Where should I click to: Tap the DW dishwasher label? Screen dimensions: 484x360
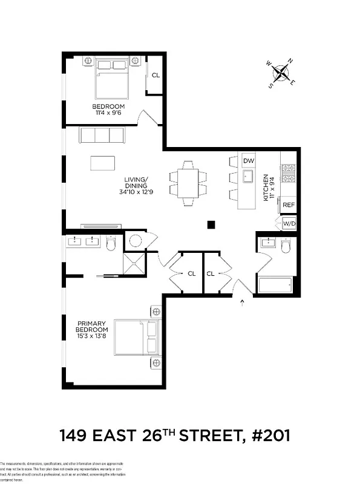pyautogui.click(x=247, y=161)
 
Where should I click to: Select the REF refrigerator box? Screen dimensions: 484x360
pyautogui.click(x=289, y=205)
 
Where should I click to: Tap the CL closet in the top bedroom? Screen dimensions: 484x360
pyautogui.click(x=155, y=76)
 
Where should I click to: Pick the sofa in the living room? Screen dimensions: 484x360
pyautogui.click(x=101, y=134)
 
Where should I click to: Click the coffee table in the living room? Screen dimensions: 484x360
pyautogui.click(x=103, y=163)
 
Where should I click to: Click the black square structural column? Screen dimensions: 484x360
pyautogui.click(x=211, y=225)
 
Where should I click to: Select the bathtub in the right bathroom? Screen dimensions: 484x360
pyautogui.click(x=275, y=284)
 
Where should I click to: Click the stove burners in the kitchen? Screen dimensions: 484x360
pyautogui.click(x=289, y=172)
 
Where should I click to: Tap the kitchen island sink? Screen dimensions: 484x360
pyautogui.click(x=247, y=176)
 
